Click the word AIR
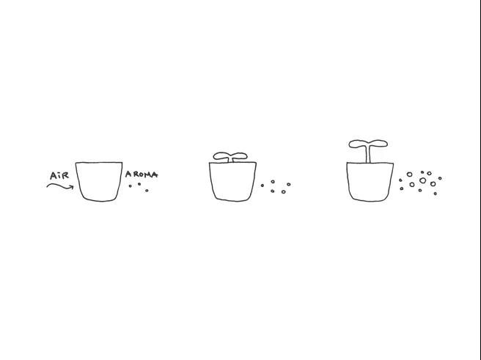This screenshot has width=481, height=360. (x=59, y=176)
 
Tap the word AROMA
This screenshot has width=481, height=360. (x=142, y=175)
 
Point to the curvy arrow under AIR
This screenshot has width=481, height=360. (x=60, y=185)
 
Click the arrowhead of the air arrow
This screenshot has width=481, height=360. (x=72, y=187)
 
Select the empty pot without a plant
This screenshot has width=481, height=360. (x=99, y=182)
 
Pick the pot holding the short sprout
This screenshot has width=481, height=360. (x=232, y=182)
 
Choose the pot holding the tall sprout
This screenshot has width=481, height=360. (x=370, y=182)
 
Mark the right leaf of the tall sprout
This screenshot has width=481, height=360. (x=378, y=144)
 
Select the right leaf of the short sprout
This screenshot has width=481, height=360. (x=239, y=155)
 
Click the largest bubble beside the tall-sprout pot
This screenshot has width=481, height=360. (x=423, y=180)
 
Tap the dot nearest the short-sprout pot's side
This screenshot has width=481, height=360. (x=262, y=185)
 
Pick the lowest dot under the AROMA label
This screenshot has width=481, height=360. (x=147, y=191)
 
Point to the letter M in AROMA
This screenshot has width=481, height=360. (x=147, y=175)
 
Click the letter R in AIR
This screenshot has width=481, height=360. (x=65, y=175)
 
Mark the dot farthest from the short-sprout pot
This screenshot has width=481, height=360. (x=289, y=184)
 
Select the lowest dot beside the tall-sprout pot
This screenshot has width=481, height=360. (x=435, y=194)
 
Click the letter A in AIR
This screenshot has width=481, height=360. (x=54, y=176)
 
